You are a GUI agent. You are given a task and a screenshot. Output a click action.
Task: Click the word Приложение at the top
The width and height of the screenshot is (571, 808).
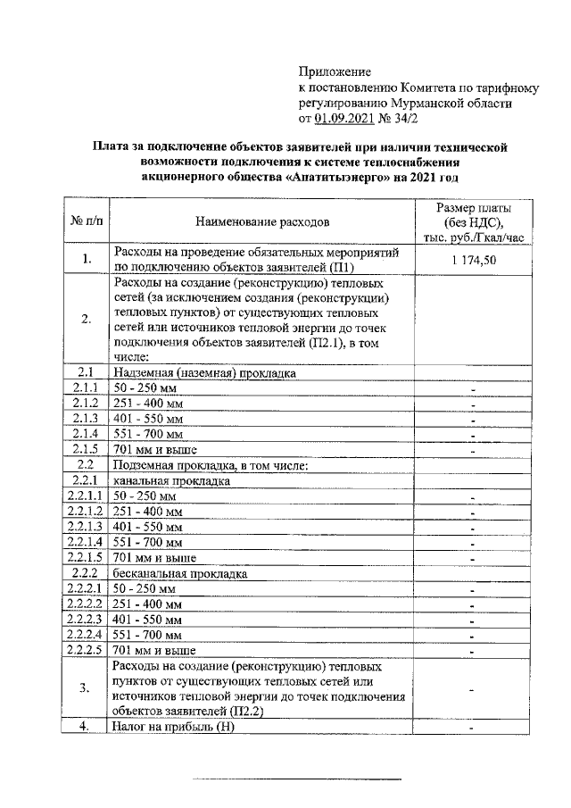334,71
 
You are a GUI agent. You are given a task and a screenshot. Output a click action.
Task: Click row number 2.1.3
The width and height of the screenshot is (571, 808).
86,418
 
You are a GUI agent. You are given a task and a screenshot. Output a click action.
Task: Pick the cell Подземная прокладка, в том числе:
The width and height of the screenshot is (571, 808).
210,465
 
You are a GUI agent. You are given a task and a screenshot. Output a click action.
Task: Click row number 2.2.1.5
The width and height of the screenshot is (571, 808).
86,557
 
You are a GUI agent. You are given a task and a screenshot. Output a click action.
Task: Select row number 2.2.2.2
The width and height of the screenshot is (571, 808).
86,604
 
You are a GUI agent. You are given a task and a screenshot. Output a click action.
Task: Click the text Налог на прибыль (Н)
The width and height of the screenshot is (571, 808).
173,727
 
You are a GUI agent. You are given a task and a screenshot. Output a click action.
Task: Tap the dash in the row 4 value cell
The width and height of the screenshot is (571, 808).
473,728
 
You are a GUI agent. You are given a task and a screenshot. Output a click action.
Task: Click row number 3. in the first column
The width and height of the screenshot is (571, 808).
86,688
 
